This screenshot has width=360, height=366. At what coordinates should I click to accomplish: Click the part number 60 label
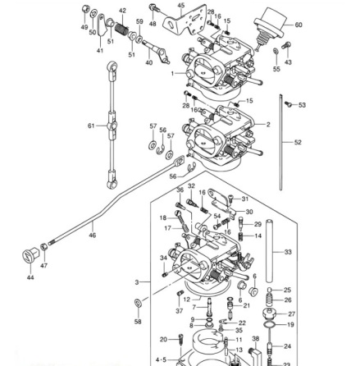click(x=298, y=25)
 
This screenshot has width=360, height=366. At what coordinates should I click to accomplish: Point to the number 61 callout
click(x=91, y=126)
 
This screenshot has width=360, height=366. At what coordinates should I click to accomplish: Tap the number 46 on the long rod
click(x=91, y=234)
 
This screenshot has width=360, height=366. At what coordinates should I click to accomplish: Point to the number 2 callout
click(x=267, y=126)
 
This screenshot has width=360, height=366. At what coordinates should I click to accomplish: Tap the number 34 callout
click(x=163, y=258)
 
